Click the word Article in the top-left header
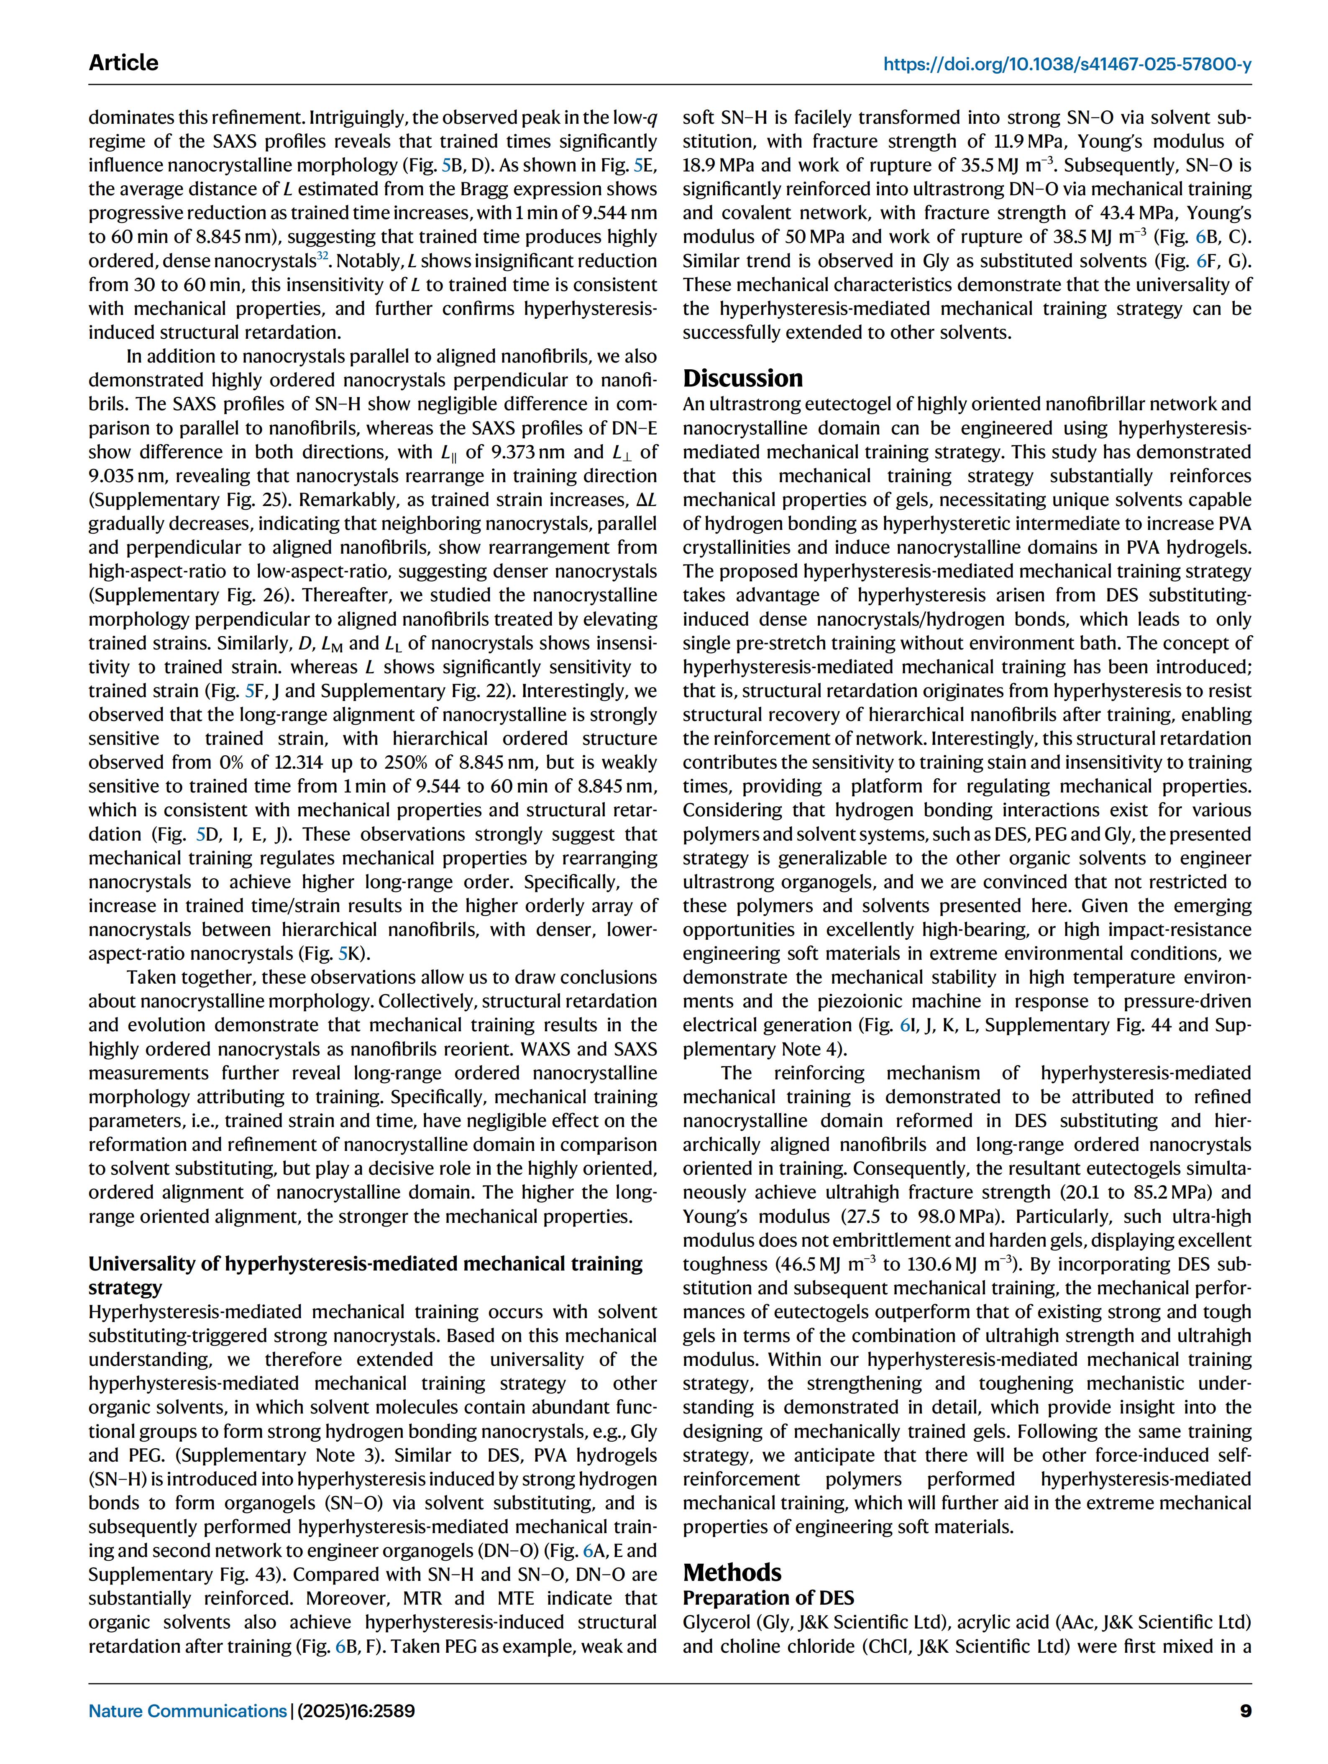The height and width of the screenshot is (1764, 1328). [x=124, y=63]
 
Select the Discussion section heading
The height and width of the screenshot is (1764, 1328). [x=742, y=378]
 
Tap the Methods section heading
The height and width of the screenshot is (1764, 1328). [x=732, y=1572]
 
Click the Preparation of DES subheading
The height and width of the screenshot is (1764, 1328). [x=768, y=1597]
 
